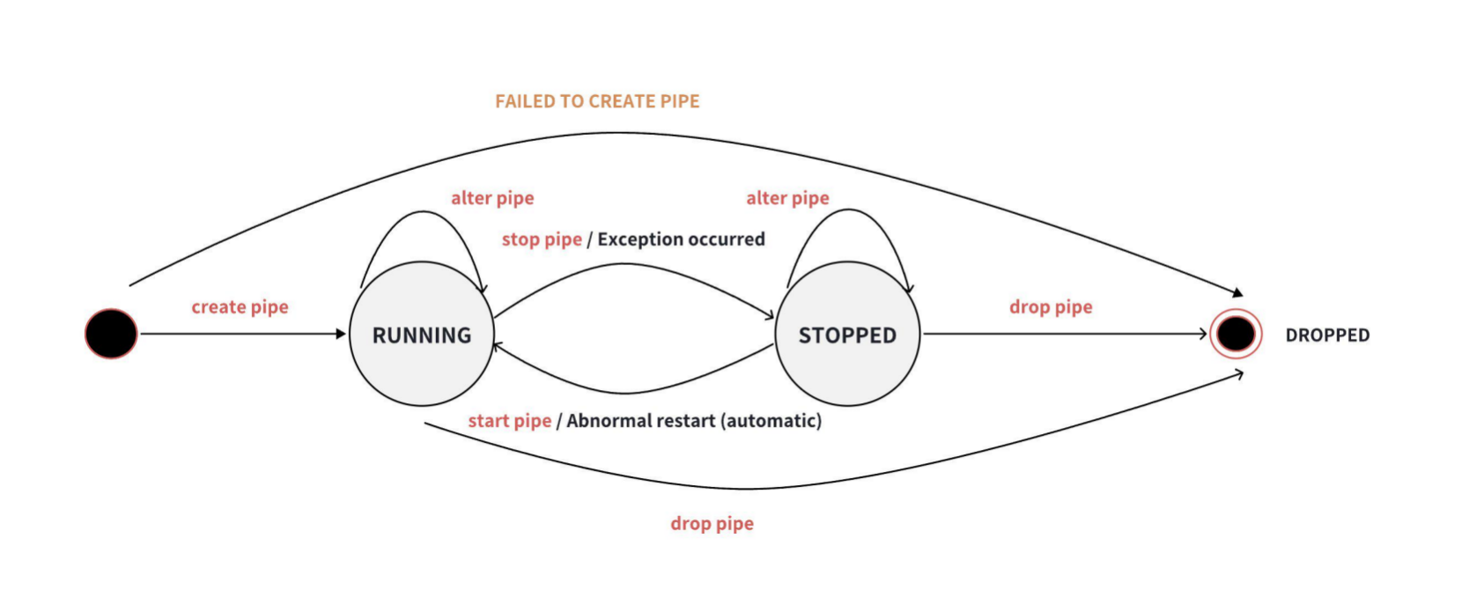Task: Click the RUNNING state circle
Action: tap(421, 335)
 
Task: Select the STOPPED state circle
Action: tap(847, 335)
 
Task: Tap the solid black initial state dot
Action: tap(111, 334)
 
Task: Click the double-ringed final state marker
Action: tap(1236, 334)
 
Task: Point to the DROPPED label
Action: tap(1327, 335)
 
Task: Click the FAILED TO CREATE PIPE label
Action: tap(597, 101)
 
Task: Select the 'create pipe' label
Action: tap(240, 307)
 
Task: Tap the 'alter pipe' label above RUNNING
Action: tap(492, 198)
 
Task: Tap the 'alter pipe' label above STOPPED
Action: tap(787, 198)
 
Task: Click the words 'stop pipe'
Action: tap(542, 240)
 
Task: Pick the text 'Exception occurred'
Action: tap(681, 240)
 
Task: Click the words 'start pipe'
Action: tap(509, 421)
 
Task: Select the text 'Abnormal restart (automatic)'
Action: tap(694, 421)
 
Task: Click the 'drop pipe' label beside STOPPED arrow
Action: tap(1051, 307)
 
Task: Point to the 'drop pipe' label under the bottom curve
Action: tap(712, 524)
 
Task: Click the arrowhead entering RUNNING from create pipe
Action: tap(341, 334)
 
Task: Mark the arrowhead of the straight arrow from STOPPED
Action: tap(1202, 334)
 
